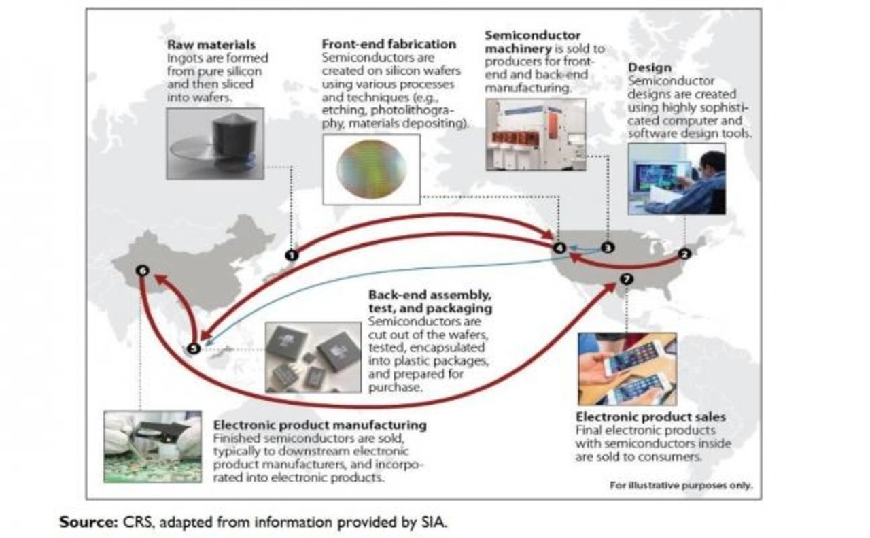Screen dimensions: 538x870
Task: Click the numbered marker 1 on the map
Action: (292, 255)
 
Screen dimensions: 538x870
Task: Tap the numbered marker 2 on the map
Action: (684, 254)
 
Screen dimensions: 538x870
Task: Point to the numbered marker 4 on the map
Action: (559, 248)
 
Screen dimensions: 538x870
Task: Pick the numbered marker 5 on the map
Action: (194, 348)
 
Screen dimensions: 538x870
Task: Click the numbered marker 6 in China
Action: (142, 271)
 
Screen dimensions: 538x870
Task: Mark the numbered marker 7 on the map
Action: (627, 279)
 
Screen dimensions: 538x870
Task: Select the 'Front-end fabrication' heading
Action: (389, 44)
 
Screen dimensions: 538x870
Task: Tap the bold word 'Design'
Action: (649, 67)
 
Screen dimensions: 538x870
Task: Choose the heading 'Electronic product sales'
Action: (650, 416)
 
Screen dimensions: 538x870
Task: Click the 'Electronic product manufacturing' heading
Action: (319, 425)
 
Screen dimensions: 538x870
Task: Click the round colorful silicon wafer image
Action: (371, 169)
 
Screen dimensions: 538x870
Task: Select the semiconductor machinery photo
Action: (536, 134)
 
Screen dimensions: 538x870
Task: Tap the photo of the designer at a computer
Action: (676, 178)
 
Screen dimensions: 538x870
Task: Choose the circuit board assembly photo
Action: (152, 446)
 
